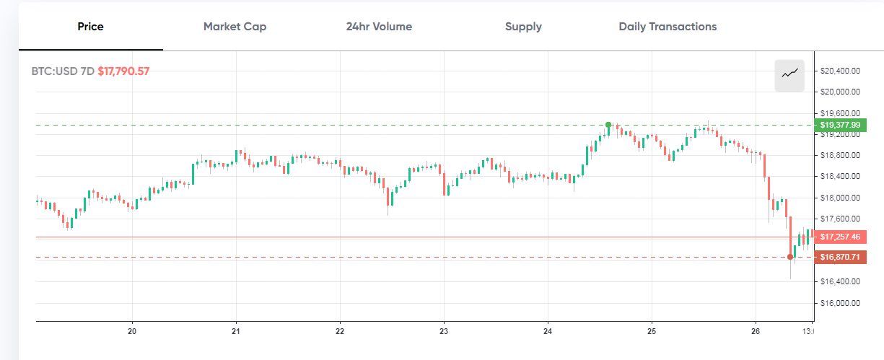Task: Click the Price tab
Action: (x=91, y=27)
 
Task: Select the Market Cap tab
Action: (x=235, y=27)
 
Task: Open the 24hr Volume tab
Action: (x=379, y=27)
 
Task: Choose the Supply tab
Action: (x=523, y=27)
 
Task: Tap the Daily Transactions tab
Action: (x=668, y=27)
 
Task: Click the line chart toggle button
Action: (x=789, y=72)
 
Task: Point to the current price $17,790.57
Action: (x=123, y=71)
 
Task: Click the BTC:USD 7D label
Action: (x=63, y=71)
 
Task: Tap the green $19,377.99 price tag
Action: (x=841, y=125)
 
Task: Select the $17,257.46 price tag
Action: (x=841, y=237)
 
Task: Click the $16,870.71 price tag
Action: (x=841, y=257)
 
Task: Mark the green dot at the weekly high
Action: (x=608, y=125)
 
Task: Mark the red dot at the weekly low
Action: (x=790, y=257)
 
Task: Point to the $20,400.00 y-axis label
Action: (x=841, y=71)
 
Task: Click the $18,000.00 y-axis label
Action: (x=841, y=198)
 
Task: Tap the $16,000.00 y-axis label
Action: (x=841, y=303)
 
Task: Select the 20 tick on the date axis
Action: (x=132, y=332)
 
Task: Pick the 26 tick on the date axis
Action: (x=755, y=332)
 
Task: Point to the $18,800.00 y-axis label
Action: (x=841, y=155)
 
